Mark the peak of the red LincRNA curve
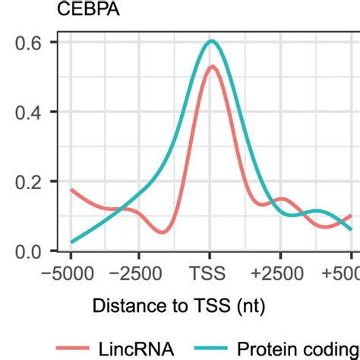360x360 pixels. pos(212,67)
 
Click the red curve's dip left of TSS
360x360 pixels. pos(161,232)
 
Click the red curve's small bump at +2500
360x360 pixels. pos(281,199)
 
